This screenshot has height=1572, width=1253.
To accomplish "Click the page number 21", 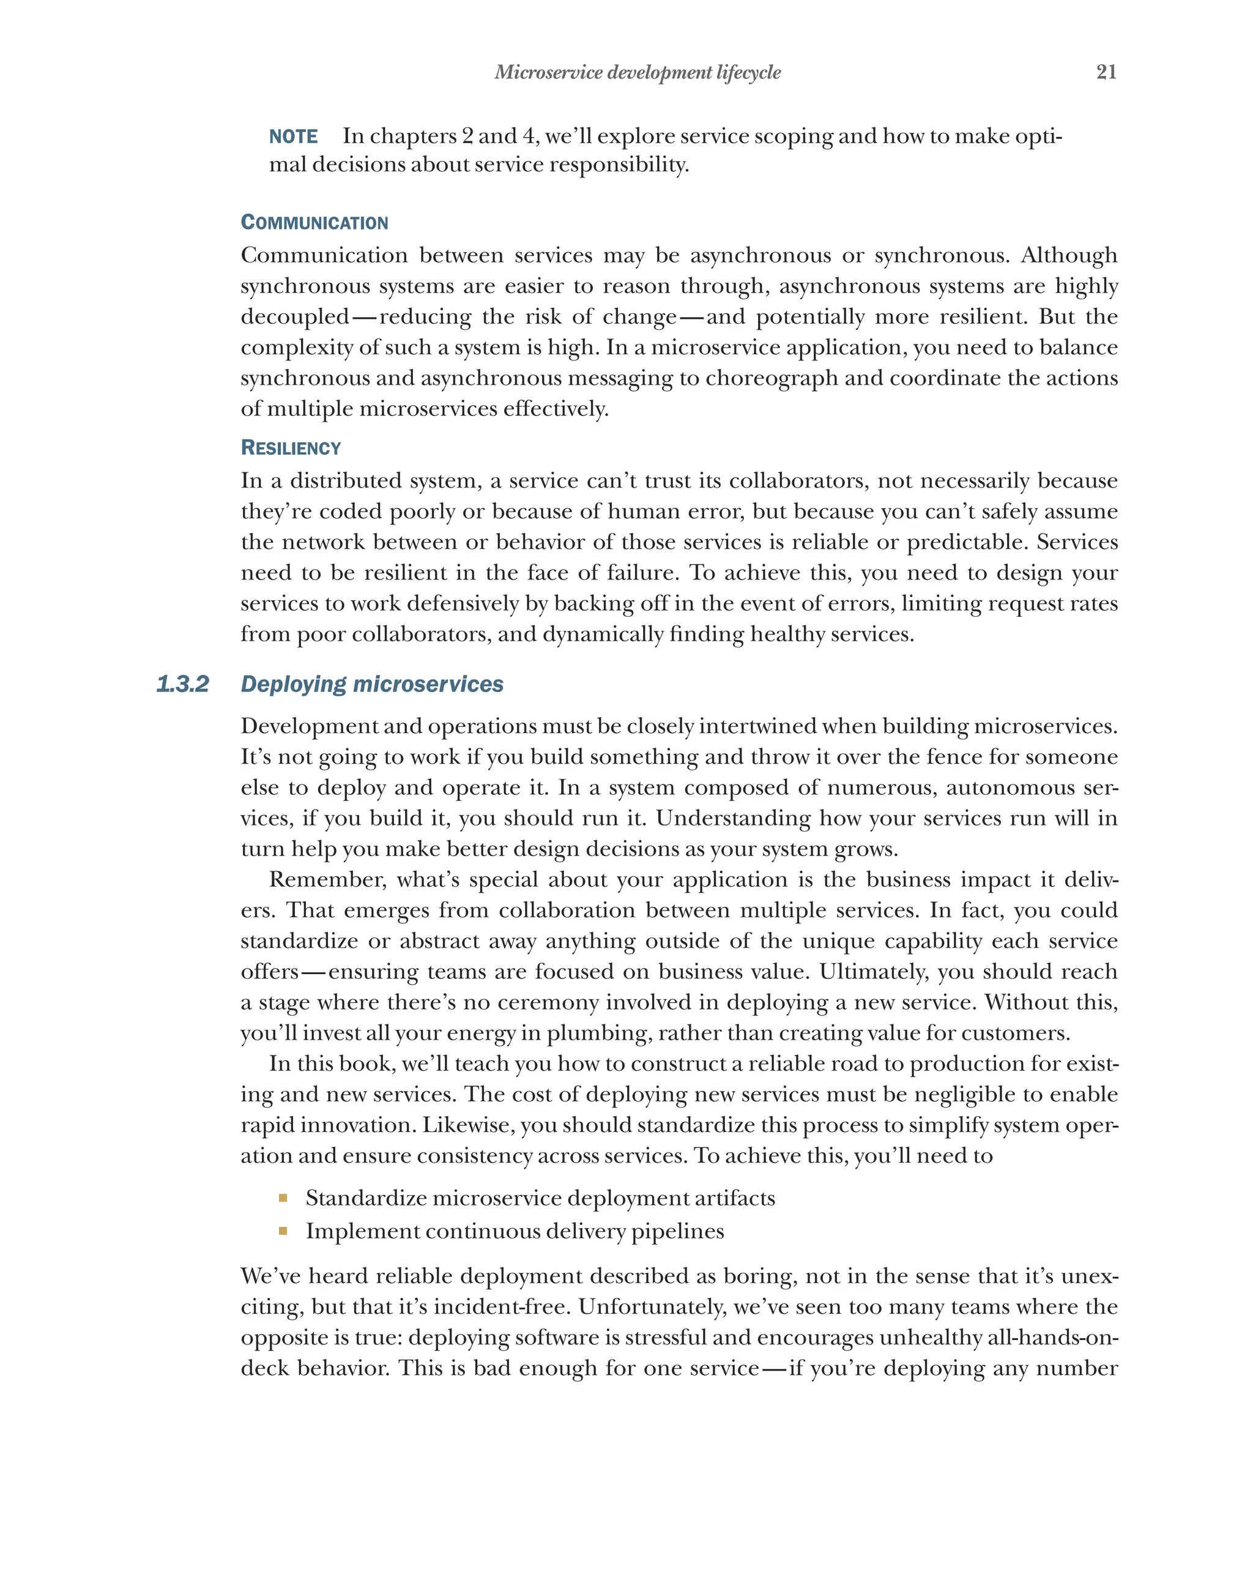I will [x=1106, y=72].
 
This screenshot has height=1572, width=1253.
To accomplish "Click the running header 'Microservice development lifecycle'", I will [x=637, y=72].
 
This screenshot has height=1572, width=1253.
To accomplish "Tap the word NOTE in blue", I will [x=293, y=136].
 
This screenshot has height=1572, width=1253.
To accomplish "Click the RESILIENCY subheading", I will [x=291, y=448].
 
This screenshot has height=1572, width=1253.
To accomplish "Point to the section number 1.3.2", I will [x=182, y=684].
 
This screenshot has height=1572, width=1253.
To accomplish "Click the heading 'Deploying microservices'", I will [x=372, y=684].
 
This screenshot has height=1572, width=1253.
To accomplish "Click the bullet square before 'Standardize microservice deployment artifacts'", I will [x=283, y=1198].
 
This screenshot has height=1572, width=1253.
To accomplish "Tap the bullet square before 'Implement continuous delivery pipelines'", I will [x=283, y=1231].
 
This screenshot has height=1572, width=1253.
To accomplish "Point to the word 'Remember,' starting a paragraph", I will [x=327, y=879].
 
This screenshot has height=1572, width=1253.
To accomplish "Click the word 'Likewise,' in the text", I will [x=469, y=1125].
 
